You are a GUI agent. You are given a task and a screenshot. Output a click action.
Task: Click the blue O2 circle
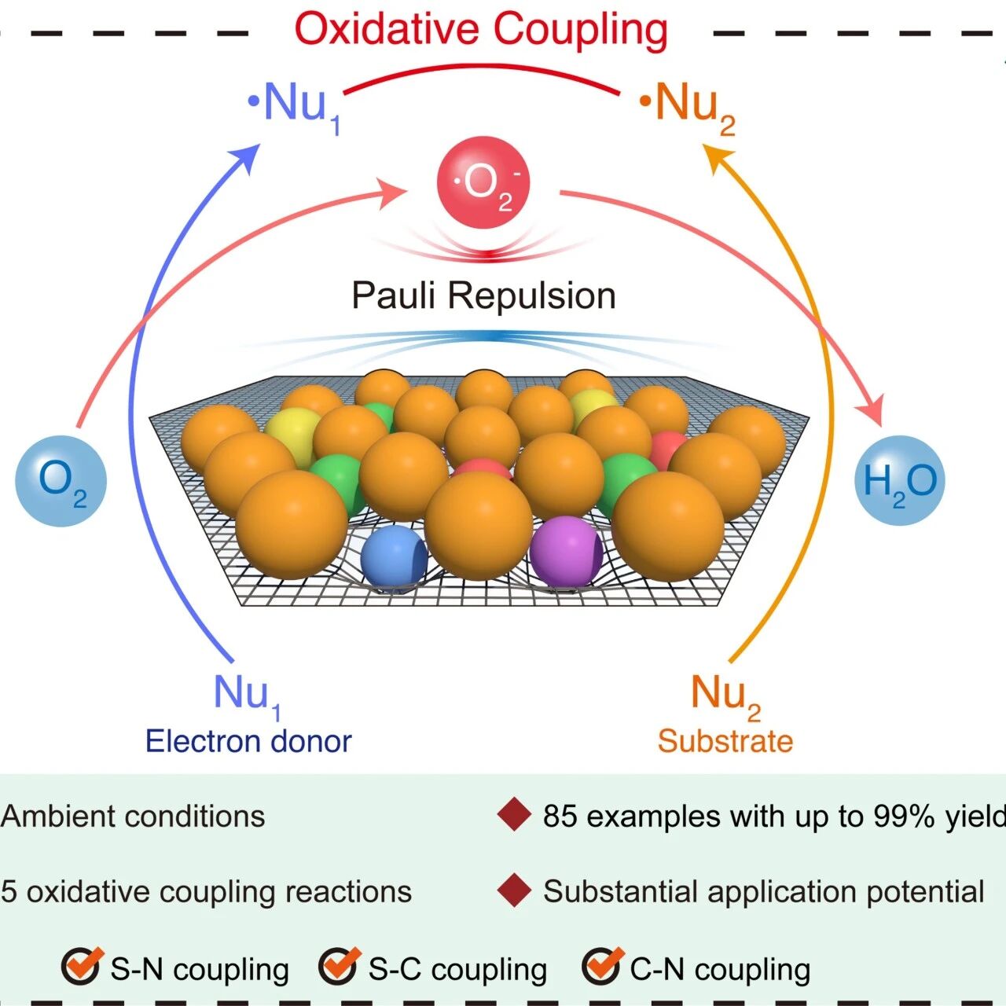click(61, 481)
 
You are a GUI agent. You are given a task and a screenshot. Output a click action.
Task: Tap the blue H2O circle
click(899, 480)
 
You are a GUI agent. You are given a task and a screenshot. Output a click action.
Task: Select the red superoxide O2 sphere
click(483, 182)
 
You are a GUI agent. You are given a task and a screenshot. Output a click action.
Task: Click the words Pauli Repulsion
click(483, 296)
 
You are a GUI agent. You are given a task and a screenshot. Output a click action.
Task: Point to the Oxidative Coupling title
click(481, 30)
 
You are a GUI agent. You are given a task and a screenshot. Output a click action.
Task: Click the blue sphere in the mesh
click(395, 557)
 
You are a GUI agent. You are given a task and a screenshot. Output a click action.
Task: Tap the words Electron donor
click(248, 741)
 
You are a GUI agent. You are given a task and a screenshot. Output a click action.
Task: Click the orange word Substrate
click(725, 741)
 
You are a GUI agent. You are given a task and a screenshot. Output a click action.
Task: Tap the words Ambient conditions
click(133, 815)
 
